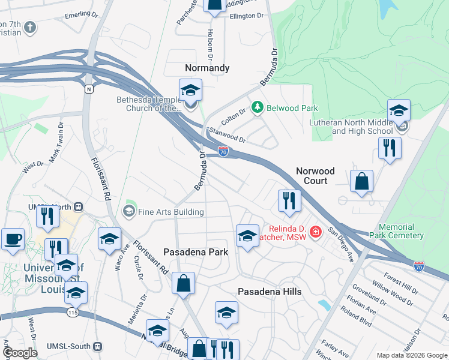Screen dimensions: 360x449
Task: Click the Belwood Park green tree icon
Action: [258, 107]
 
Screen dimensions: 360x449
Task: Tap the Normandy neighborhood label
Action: [206, 68]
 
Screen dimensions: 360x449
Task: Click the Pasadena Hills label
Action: [270, 292]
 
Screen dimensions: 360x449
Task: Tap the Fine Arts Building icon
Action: [128, 211]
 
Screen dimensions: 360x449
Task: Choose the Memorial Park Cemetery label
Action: [396, 231]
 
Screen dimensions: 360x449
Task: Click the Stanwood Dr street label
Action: [226, 135]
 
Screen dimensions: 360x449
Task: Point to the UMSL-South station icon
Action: [98, 346]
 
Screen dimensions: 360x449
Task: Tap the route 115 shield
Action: [73, 313]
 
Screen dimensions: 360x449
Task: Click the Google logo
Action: [20, 353]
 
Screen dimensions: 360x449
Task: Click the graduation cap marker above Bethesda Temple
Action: [190, 90]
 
